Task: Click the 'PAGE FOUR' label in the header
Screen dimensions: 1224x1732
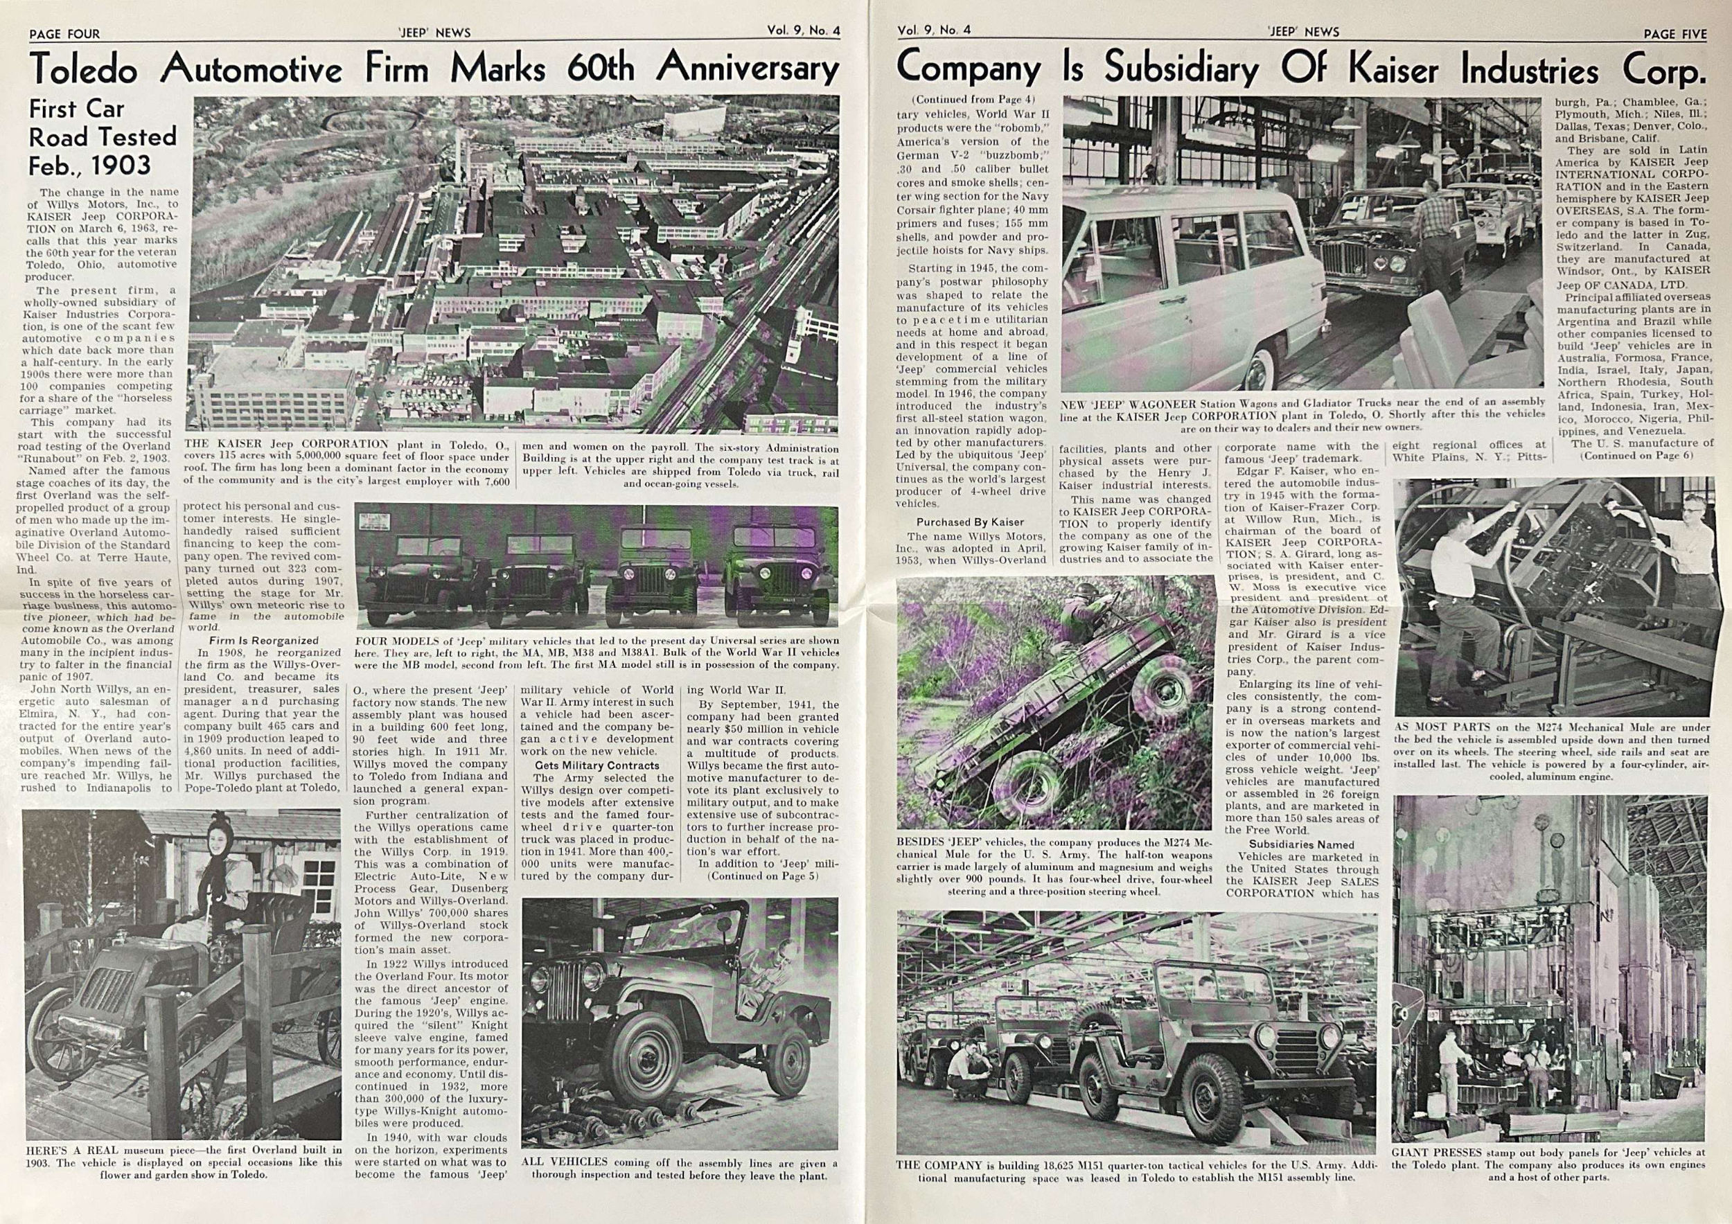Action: (64, 34)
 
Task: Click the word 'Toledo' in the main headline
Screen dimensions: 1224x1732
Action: (85, 70)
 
